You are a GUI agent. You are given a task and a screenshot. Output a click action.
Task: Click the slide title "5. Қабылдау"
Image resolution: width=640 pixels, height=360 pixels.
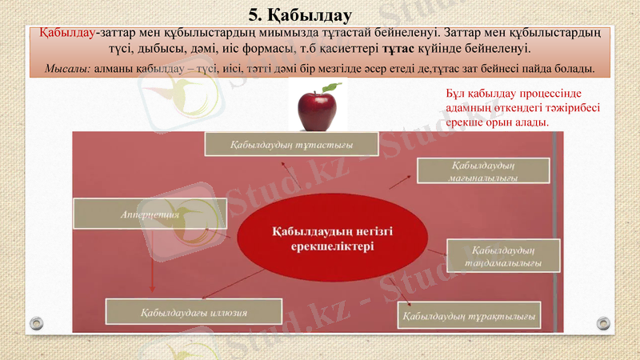click(x=299, y=14)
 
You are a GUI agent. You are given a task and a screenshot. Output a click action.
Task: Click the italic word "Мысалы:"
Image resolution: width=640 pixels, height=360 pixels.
click(x=67, y=69)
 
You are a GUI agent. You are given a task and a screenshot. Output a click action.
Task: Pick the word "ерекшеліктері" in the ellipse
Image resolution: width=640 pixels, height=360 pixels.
click(x=330, y=248)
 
